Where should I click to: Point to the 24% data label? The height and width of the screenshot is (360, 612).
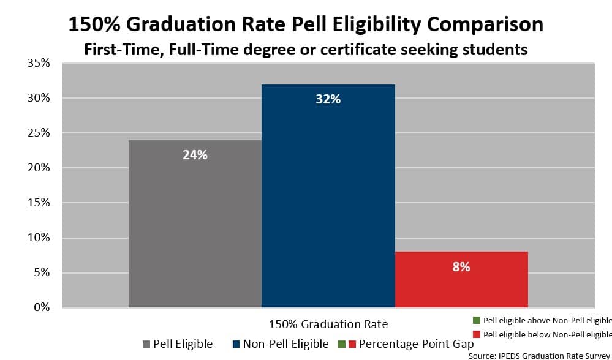(x=195, y=155)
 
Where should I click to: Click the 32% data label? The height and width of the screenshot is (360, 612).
(x=328, y=99)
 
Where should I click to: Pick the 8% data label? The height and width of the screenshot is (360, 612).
(x=461, y=267)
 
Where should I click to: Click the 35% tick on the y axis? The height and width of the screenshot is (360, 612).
(x=38, y=63)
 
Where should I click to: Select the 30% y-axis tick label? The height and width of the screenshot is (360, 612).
(x=38, y=98)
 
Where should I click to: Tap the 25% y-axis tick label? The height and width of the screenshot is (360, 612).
(x=38, y=133)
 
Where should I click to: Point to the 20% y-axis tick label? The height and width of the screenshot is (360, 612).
(x=38, y=168)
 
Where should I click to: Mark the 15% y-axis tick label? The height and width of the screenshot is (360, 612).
(x=38, y=203)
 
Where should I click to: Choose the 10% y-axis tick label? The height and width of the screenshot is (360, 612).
(x=38, y=238)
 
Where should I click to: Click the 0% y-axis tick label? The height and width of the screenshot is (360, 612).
(x=41, y=307)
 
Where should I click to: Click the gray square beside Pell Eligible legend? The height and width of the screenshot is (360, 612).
(x=146, y=344)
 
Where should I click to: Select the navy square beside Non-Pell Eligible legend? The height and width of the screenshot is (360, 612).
(x=236, y=344)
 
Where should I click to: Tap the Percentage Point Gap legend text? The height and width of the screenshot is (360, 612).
(x=416, y=344)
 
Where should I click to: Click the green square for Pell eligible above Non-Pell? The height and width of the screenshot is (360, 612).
(x=476, y=320)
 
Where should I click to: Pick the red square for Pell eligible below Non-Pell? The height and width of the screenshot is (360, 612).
(x=476, y=334)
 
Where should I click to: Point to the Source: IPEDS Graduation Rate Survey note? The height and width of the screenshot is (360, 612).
(x=540, y=355)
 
